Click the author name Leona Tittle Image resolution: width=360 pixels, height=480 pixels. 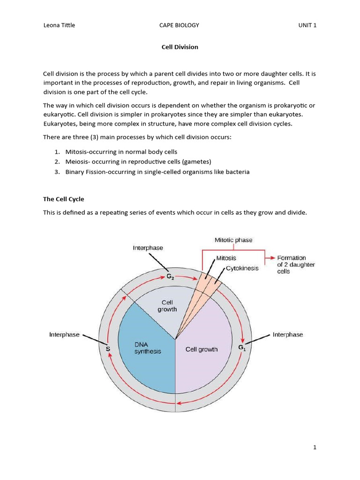point(59,25)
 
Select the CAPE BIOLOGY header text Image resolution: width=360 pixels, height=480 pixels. point(180,25)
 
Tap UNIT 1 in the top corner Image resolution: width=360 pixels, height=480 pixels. point(307,25)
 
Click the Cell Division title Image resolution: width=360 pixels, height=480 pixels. point(180,47)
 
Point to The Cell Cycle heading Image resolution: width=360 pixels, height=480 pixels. point(63,199)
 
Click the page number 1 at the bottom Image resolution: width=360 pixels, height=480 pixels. point(315,447)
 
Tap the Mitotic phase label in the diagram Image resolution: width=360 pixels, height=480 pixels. point(233,240)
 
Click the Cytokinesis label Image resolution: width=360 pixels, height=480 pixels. point(242,269)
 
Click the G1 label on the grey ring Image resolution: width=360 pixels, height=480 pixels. point(242,347)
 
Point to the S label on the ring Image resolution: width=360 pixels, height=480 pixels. point(108,349)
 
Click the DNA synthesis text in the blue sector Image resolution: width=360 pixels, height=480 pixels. point(147,348)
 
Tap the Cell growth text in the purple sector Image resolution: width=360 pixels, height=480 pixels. point(202,349)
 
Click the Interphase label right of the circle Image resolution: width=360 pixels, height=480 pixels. point(287,335)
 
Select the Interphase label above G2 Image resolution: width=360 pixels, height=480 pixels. point(148,248)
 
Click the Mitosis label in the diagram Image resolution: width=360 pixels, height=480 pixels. point(226,258)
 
